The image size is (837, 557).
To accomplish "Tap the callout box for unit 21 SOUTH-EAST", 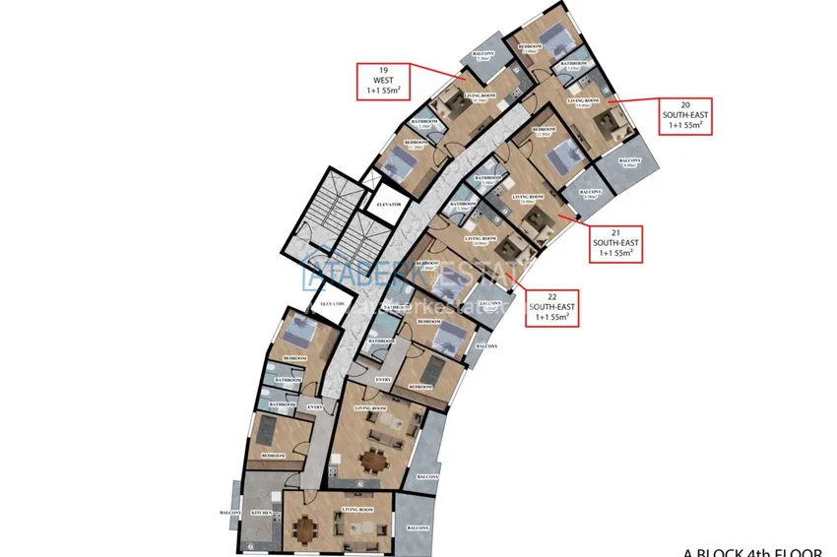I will point(615,241).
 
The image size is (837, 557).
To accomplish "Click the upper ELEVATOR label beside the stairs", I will point(393,204).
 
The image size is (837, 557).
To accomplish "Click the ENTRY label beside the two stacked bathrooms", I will point(315,406).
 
